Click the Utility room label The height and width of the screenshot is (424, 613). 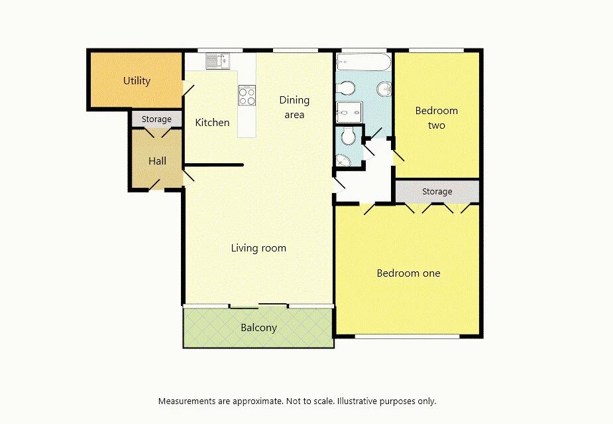pos(137,81)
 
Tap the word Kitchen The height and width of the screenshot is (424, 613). pos(212,123)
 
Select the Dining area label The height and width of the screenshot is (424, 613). pos(294,107)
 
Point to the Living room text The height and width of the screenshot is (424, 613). pos(258,248)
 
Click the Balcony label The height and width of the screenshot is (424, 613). pos(258,328)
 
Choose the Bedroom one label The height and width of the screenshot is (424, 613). pos(408,273)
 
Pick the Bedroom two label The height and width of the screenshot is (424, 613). pos(436,118)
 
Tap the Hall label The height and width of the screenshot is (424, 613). pos(157,161)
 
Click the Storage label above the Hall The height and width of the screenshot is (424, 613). pos(156,119)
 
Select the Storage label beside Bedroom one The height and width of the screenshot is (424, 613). pos(437,192)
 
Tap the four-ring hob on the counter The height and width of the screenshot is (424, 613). pos(247,96)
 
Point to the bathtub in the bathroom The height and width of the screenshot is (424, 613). pos(363,64)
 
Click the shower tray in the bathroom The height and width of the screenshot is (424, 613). pos(349,112)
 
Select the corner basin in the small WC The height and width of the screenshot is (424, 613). pos(343,161)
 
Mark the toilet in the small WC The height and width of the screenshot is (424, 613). pos(349,137)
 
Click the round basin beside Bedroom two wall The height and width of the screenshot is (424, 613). pos(384,89)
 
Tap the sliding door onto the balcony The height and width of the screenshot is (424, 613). pos(258,306)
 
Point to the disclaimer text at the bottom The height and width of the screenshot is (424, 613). pos(297,401)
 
